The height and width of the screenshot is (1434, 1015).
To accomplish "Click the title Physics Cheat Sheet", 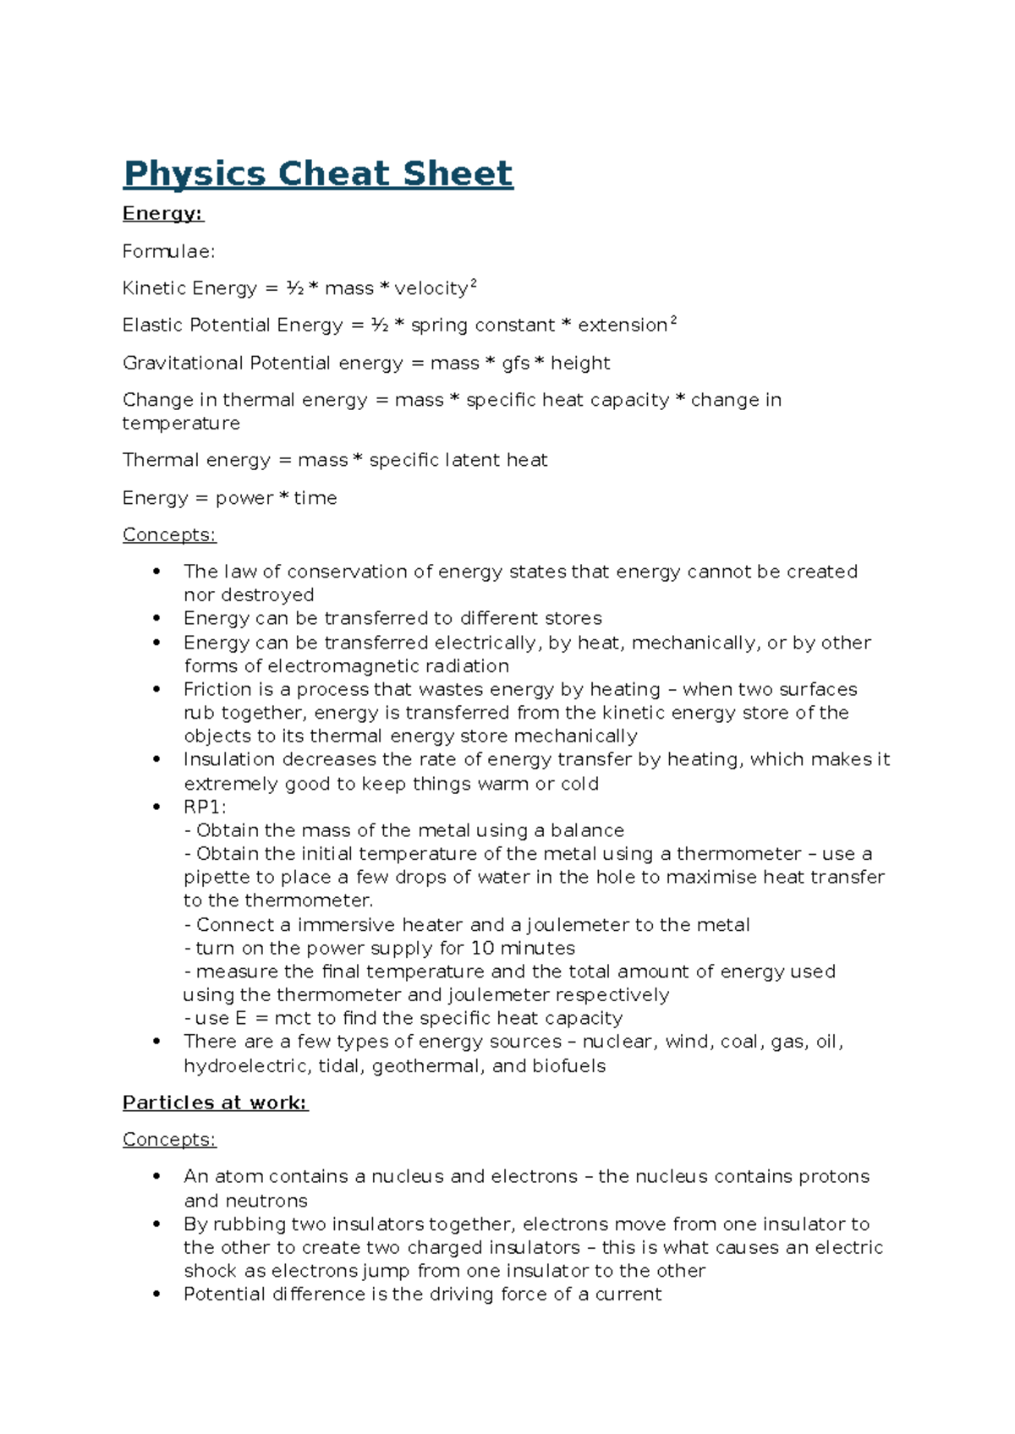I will tap(318, 173).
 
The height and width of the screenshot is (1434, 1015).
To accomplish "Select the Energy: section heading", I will tap(163, 213).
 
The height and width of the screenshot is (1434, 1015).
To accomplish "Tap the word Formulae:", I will tap(169, 251).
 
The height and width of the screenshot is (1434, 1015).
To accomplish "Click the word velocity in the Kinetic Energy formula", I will tap(431, 288).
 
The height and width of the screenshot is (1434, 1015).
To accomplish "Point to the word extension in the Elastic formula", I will tap(623, 326).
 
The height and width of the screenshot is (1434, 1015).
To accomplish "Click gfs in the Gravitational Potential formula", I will tap(515, 364).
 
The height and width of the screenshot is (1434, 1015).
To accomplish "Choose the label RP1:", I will tap(205, 807).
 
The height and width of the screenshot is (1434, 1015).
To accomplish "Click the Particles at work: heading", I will tap(215, 1103).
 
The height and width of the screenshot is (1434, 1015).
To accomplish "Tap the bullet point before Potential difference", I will tap(156, 1294).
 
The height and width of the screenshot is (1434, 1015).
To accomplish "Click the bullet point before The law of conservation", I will tap(156, 572).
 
